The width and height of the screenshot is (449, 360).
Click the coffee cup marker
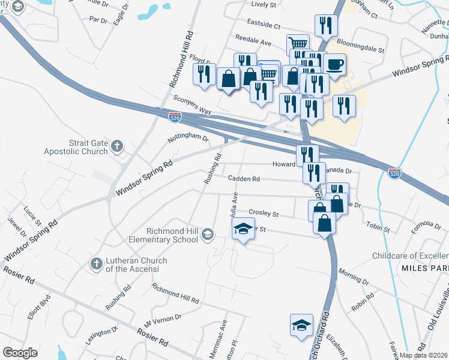click(x=334, y=64)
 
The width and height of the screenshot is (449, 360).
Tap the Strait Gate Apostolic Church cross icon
click(x=117, y=145)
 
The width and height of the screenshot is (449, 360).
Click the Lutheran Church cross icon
click(x=96, y=263)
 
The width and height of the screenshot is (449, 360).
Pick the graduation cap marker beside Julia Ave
click(x=243, y=229)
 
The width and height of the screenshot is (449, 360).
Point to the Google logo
click(x=20, y=353)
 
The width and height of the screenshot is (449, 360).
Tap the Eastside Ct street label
click(x=265, y=26)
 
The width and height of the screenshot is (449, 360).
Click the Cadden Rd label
click(x=244, y=178)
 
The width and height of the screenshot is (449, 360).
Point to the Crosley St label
click(x=264, y=214)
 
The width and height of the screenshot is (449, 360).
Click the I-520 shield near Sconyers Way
click(x=175, y=116)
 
